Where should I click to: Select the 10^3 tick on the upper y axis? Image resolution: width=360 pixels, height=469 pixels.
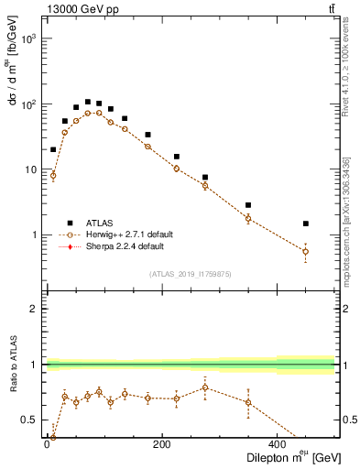click(x=29, y=39)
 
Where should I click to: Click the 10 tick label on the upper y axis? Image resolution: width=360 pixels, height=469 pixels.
click(x=29, y=170)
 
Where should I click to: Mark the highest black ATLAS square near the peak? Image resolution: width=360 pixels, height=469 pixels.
click(x=88, y=102)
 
